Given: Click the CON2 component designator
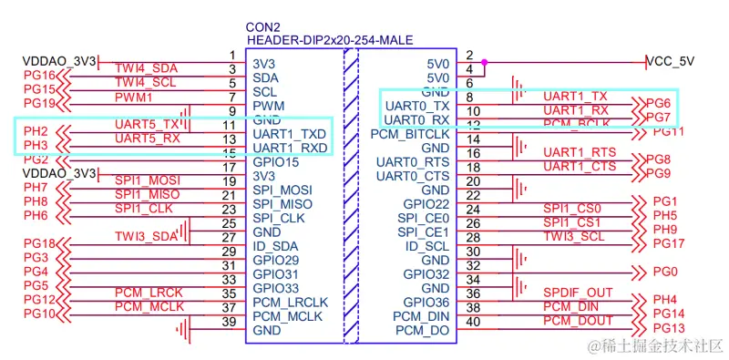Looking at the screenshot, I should tap(264, 26).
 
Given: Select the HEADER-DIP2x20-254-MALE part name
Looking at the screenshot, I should tap(331, 40).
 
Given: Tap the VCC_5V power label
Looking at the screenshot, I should tap(670, 61).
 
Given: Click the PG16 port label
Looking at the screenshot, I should tap(40, 75).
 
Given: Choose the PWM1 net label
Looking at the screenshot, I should tap(134, 96).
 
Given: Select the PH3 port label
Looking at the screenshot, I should tap(36, 146).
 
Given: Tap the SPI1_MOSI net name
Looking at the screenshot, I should tap(149, 180).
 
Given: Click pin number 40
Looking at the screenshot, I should tap(471, 321).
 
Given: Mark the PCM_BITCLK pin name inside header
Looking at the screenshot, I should tap(410, 134).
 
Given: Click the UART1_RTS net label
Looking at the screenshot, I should tap(575, 152).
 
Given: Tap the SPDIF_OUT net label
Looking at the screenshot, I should tap(578, 293).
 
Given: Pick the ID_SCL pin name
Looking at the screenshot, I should tap(426, 246).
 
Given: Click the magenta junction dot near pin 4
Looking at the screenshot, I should tap(485, 63).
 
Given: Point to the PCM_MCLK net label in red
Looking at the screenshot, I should tap(149, 307).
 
